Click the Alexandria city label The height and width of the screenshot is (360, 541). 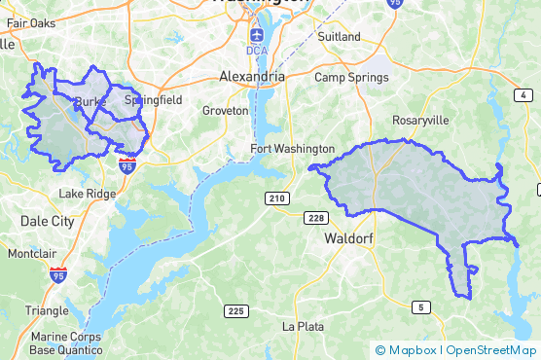[252, 76]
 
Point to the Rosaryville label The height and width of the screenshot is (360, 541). [419, 120]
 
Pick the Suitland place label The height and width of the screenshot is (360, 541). [339, 37]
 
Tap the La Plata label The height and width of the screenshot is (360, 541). [302, 326]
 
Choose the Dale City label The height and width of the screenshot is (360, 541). [48, 222]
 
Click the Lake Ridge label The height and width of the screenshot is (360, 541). [88, 194]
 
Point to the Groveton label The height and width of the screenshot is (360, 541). [225, 111]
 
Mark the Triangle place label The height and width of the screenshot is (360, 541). [47, 310]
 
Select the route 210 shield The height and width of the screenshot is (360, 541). [277, 198]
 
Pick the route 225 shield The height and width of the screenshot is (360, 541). [235, 311]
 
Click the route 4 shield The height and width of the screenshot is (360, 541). [524, 94]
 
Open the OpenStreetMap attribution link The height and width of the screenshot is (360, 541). [491, 350]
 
